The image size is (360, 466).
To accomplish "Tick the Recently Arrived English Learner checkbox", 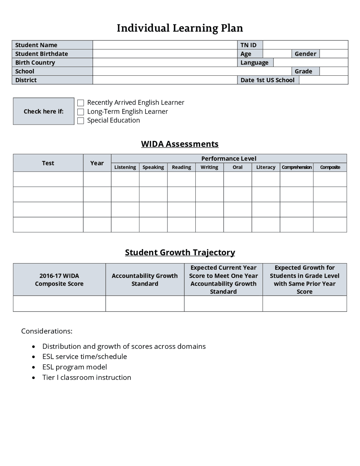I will (80, 103).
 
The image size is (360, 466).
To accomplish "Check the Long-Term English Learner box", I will (80, 112).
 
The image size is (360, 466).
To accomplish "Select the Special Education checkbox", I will (80, 121).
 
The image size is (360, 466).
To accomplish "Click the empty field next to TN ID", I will (305, 45).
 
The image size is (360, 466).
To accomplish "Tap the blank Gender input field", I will (334, 54).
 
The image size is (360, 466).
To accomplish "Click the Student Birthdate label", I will (42, 54).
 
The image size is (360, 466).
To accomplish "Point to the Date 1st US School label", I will (267, 80).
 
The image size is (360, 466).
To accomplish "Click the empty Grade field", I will (334, 71).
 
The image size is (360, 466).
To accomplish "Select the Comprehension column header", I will (296, 167).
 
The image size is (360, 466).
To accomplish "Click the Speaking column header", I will (153, 167).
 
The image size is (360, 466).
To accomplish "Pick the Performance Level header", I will (229, 158).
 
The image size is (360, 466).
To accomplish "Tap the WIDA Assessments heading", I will (180, 144).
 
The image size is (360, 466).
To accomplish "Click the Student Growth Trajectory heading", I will (180, 252).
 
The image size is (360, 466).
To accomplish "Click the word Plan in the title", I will (232, 28).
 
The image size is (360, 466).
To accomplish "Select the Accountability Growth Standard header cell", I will (145, 279).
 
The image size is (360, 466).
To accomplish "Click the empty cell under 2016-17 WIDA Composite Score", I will (59, 304).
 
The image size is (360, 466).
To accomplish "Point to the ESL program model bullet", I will (75, 367).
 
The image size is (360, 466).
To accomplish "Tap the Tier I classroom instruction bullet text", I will (87, 377).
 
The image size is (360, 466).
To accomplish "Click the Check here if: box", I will (44, 111).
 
